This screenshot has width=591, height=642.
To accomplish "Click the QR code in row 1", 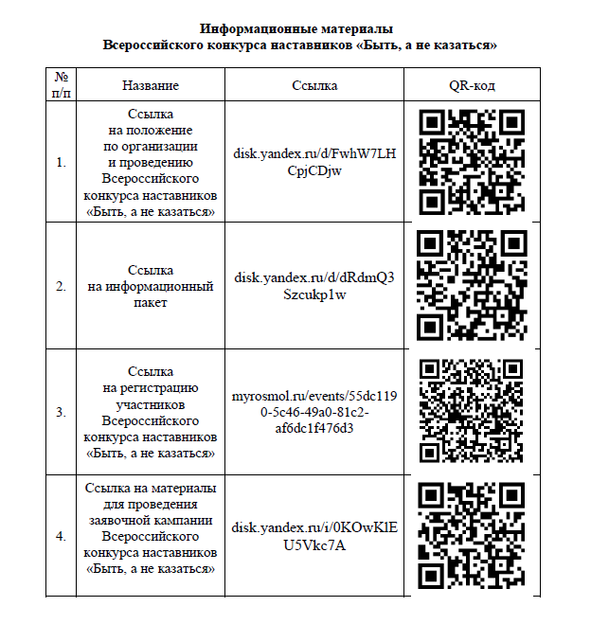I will point(472,161).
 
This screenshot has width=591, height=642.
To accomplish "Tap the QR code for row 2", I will point(472,284).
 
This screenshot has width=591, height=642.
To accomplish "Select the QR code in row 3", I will point(472,411).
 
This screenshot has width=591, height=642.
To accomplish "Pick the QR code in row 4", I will point(472,535).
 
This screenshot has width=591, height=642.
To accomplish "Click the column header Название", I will point(151,85).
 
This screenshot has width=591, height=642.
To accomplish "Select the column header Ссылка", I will point(314,85).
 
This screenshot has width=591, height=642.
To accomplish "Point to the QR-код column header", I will point(472,85).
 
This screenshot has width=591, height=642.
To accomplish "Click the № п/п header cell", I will point(61,85).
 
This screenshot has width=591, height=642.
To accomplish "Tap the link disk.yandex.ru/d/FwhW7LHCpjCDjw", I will point(314,162).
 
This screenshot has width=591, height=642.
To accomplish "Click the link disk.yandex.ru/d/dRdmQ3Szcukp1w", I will point(314,285).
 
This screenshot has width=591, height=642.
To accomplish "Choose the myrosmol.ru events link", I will point(314,412).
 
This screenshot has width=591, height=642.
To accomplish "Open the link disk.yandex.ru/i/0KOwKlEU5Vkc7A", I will point(314,536).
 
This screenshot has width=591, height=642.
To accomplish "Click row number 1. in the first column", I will point(61,162).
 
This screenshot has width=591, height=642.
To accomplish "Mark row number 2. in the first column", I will point(61,285).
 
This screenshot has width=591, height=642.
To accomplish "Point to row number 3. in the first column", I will point(61,412).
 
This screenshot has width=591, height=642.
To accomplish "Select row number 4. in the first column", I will point(61,536).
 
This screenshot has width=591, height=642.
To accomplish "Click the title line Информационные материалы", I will point(296,29).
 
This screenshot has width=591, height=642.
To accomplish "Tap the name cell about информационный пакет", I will point(151,286).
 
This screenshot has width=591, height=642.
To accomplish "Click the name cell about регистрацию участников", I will point(151,412).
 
